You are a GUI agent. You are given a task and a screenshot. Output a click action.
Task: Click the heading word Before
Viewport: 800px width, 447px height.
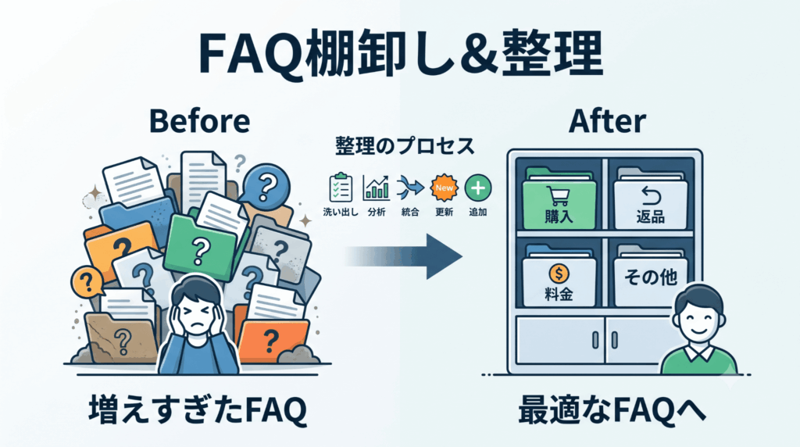click(x=199, y=121)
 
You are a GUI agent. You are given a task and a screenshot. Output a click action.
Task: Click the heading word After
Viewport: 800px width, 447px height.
click(x=607, y=121)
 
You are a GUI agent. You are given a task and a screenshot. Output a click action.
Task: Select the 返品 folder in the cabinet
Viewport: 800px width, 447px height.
click(x=651, y=201)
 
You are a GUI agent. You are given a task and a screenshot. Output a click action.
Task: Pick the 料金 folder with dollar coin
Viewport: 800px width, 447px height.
click(x=559, y=279)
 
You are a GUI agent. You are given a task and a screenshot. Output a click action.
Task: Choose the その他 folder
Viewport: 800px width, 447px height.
click(x=651, y=279)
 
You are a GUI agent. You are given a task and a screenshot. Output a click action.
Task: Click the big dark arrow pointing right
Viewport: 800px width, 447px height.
click(x=403, y=256)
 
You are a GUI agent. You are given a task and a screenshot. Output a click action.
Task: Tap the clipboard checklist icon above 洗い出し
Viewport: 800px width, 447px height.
click(x=341, y=188)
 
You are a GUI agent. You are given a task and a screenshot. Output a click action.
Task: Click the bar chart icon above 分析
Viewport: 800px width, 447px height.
click(x=376, y=188)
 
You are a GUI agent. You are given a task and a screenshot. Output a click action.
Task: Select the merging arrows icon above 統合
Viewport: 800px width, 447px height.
click(x=409, y=188)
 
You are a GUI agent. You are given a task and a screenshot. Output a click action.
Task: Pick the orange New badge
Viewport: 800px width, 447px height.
click(x=444, y=188)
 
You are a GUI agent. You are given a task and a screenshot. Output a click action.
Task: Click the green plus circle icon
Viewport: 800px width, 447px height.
click(x=478, y=188)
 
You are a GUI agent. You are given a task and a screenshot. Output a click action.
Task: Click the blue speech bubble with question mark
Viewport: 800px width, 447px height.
click(x=266, y=187)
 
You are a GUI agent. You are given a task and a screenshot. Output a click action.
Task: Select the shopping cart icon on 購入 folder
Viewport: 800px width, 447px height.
click(x=558, y=196)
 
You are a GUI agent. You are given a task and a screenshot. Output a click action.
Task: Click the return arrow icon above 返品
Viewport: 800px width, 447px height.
click(x=651, y=195)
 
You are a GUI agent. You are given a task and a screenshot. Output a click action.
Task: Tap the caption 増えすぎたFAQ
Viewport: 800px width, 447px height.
click(x=198, y=410)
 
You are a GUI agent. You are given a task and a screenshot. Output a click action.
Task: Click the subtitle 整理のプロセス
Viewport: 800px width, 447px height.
click(x=405, y=146)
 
